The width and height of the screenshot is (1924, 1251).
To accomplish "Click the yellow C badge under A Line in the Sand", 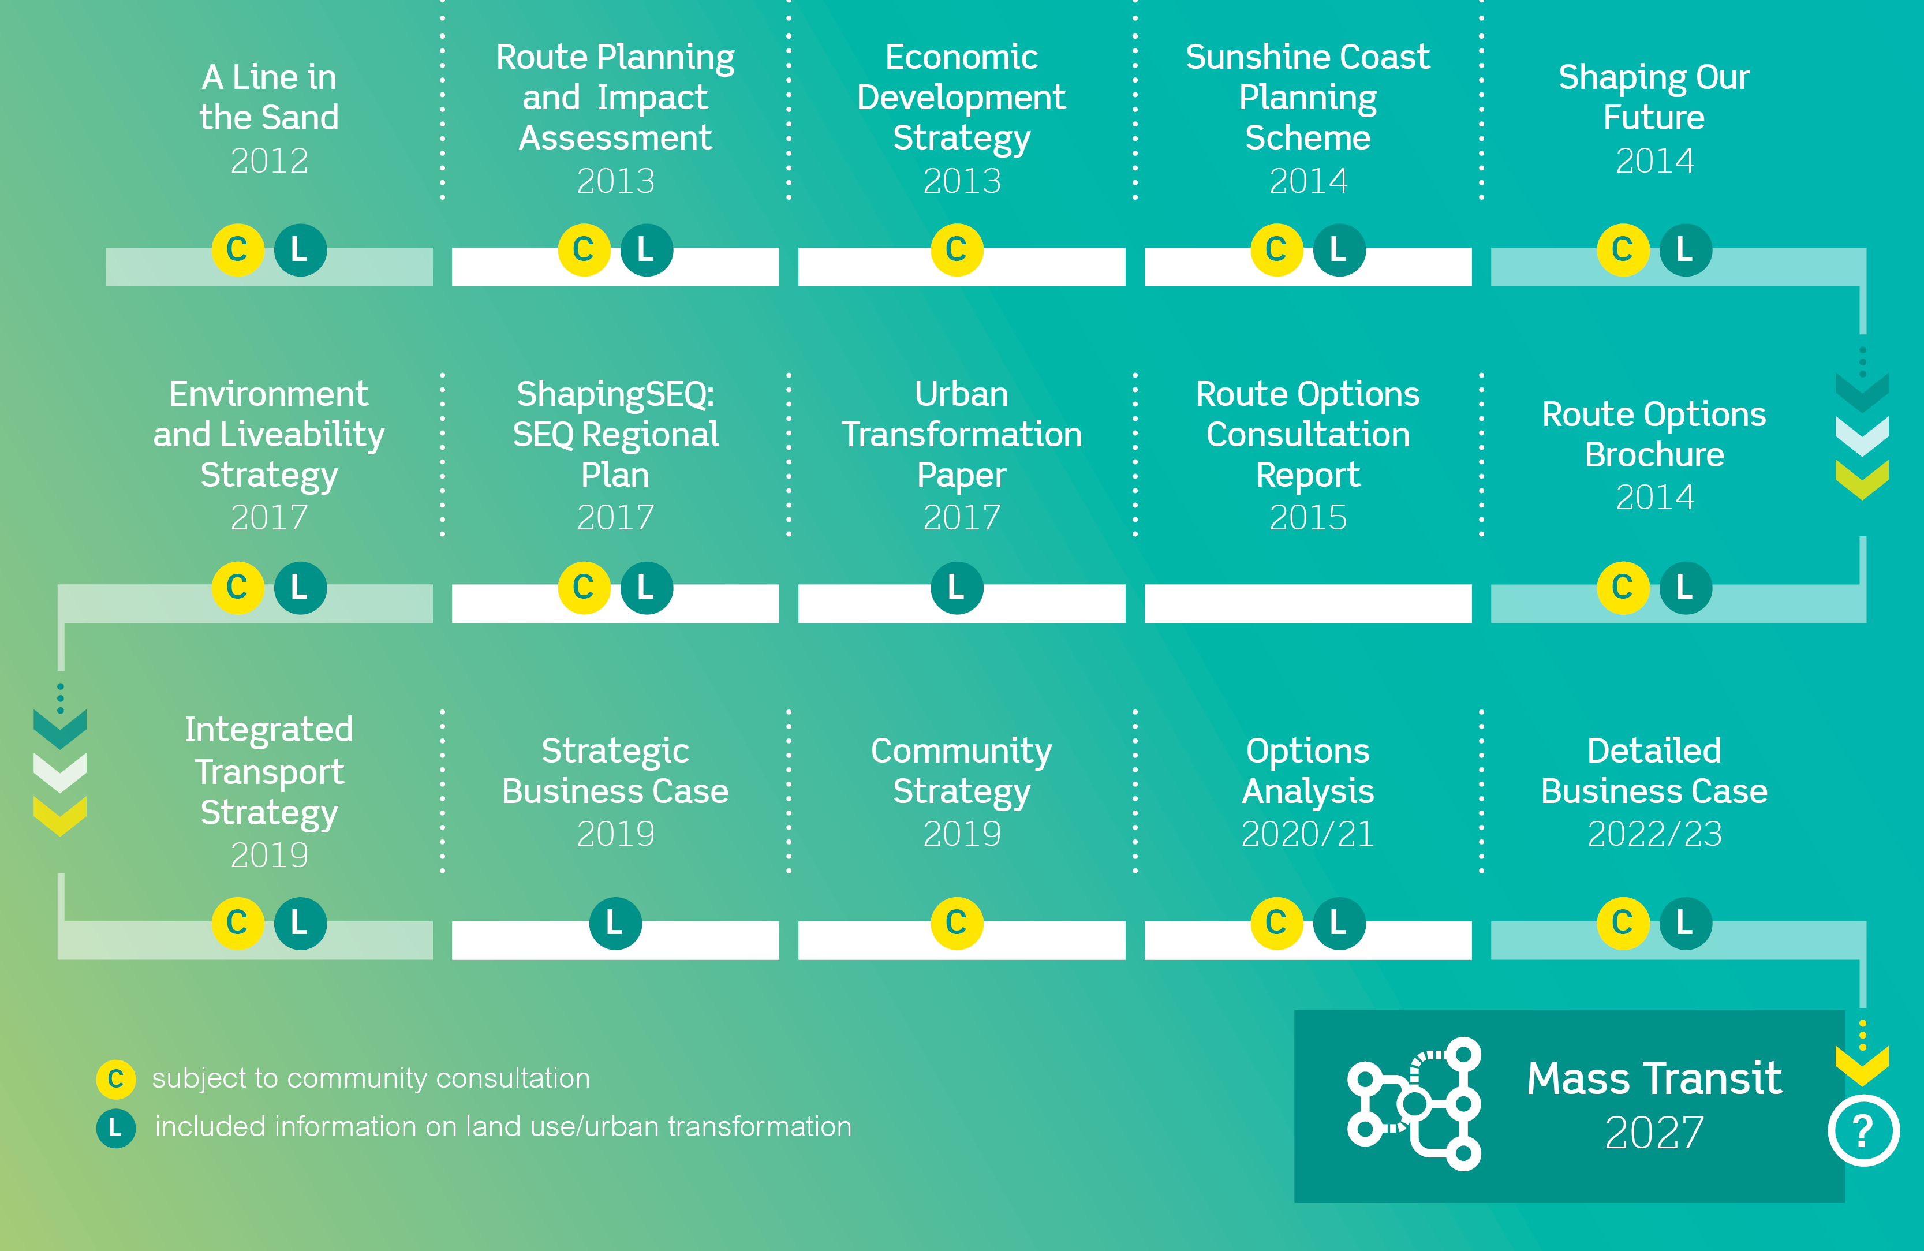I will coord(238,250).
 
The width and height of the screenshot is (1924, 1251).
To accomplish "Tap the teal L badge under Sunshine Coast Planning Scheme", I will coord(1339,250).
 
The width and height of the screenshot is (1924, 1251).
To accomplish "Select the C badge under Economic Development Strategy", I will coord(957,250).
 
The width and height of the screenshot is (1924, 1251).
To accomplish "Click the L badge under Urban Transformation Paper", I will coord(957,587).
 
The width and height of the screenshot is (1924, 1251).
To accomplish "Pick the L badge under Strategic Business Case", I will coord(615,923).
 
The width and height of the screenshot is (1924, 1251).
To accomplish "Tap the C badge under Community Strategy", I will coord(957,923).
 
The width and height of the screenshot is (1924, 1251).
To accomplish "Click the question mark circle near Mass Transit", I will coord(1863,1130).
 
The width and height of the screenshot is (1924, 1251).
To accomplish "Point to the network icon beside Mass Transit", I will coord(1414,1104).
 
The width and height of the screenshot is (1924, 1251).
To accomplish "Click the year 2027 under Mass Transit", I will coord(1654,1133).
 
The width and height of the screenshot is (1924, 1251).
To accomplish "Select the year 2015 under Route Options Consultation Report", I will coord(1308,517).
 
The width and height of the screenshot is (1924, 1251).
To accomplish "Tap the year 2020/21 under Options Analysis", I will coord(1308,834).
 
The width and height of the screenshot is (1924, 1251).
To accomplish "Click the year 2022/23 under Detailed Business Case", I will coord(1654,834).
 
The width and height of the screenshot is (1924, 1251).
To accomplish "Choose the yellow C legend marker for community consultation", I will coord(115,1079).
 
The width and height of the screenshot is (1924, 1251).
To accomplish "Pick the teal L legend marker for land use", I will coord(115,1127).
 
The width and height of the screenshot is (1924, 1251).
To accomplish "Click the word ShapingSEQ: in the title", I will coord(615,395).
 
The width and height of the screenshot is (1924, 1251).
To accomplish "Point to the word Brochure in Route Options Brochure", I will coord(1654,455).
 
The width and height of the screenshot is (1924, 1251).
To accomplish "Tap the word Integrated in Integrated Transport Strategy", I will coord(268,729).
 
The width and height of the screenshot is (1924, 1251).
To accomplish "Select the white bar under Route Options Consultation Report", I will coord(1308,603).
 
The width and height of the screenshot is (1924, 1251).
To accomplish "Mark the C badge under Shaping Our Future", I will coord(1623,250).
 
